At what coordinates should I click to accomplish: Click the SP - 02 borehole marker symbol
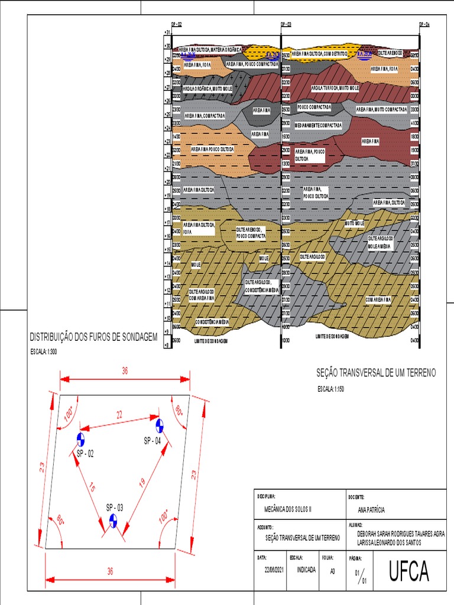[80, 439]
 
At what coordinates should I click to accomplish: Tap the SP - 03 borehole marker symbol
[113, 521]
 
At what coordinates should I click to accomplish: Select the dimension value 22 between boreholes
[119, 415]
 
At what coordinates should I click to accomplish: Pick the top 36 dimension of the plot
[125, 370]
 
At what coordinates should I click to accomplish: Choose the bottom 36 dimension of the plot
[110, 571]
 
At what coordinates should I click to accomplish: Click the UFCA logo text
[408, 571]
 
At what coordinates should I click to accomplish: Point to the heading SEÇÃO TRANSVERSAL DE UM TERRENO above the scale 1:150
[376, 373]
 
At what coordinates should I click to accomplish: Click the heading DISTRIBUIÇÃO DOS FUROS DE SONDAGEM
[93, 337]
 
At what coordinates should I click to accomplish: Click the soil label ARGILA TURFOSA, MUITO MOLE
[335, 88]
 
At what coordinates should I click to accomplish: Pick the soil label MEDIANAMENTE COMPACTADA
[318, 126]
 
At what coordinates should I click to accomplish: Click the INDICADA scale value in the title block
[306, 570]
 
